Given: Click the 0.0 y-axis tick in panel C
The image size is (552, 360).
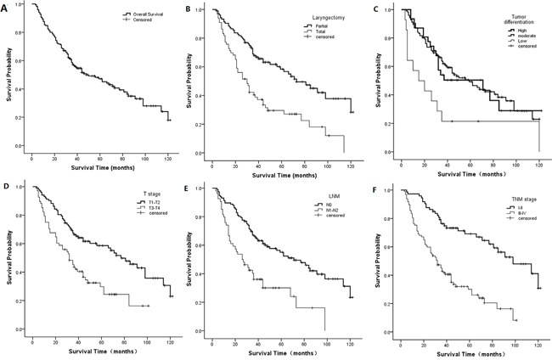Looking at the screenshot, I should (389, 152).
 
